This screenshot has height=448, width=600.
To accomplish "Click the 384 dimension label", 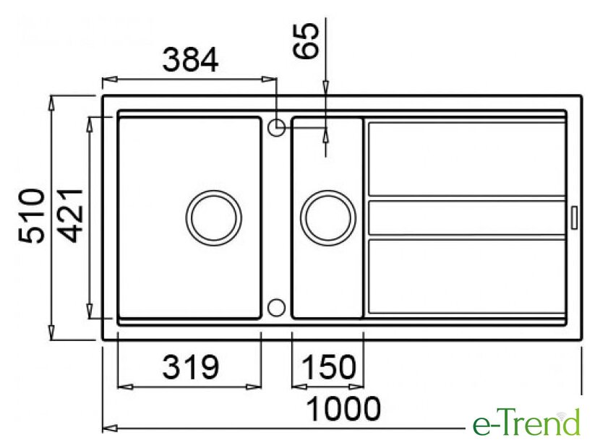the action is (190, 60).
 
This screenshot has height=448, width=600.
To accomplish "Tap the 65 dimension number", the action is (306, 41).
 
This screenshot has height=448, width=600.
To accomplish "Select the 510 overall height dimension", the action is (31, 216).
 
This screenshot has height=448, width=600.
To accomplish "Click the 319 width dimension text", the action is (190, 367).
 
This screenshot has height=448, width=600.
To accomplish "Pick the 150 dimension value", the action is (329, 367).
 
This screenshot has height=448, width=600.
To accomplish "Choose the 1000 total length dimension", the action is (343, 408).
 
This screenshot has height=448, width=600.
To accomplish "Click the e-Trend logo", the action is (526, 423).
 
